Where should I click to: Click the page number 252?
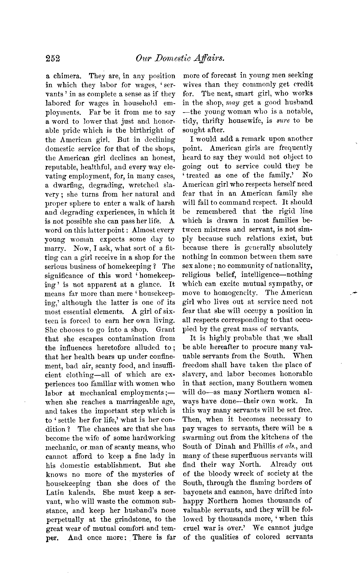click(x=53, y=59)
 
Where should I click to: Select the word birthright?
click(x=147, y=131)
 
